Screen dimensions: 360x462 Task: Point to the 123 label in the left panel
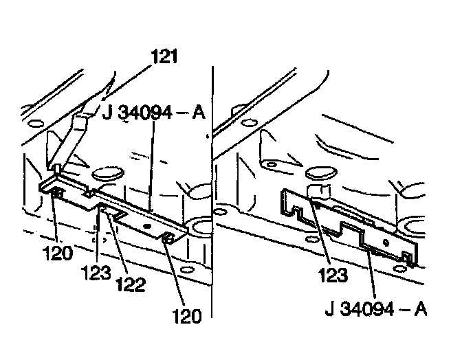pos(97,272)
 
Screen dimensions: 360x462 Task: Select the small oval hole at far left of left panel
pos(31,126)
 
